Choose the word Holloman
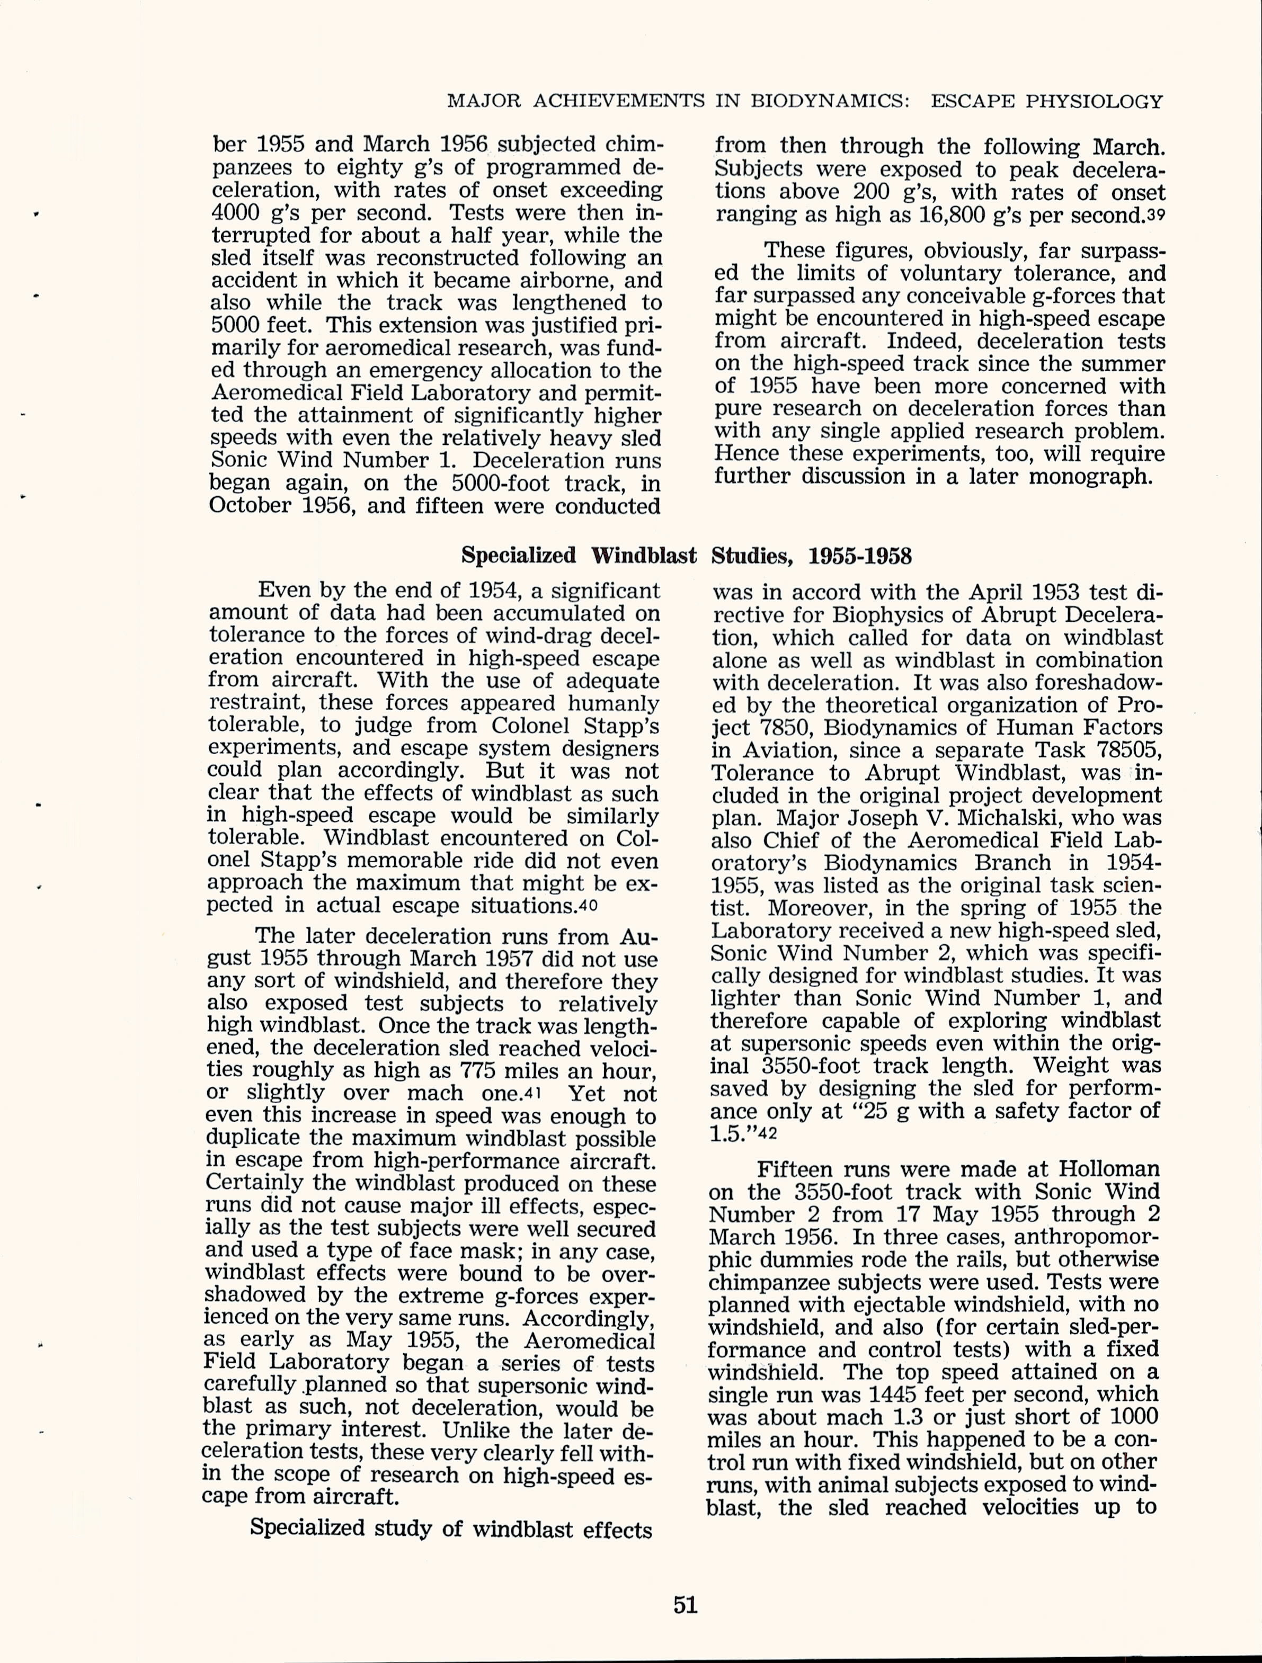click(1109, 1169)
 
